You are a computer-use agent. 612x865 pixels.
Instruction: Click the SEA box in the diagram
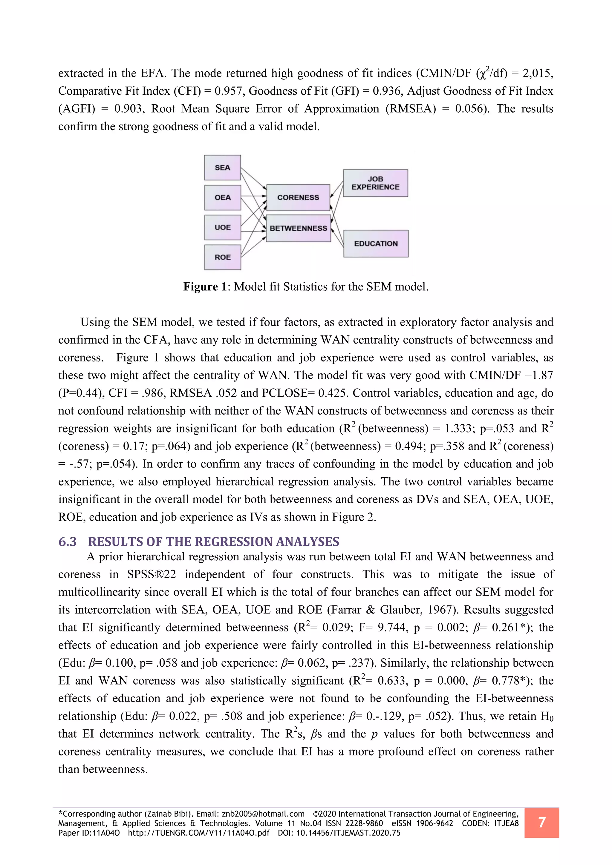222,168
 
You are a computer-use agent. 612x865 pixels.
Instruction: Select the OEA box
222,197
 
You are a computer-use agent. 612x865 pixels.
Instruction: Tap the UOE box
222,227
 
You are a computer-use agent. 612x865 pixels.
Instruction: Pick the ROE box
222,257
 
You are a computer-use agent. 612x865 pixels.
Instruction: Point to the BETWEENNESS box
298,228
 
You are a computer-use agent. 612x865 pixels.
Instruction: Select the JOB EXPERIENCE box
375,183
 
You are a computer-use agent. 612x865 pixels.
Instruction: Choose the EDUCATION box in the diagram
376,244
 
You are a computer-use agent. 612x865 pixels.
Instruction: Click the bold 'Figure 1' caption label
205,287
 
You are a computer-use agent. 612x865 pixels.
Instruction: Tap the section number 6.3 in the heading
68,542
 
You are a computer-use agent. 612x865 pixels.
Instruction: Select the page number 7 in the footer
541,822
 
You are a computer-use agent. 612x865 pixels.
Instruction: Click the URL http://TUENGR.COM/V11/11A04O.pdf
199,833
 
